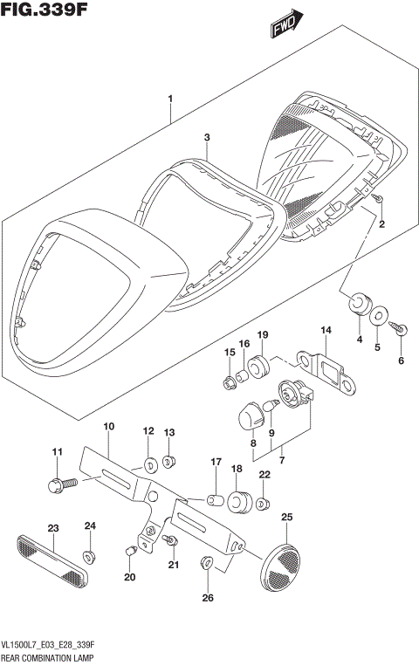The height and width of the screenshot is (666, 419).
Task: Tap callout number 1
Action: [171, 99]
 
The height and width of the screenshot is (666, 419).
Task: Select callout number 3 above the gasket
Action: [207, 138]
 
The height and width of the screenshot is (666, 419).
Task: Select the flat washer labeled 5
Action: [378, 316]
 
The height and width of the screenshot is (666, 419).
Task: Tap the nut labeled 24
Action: [90, 555]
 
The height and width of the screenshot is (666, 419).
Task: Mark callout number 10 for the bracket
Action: [109, 427]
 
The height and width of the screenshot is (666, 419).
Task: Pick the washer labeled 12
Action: [149, 462]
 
